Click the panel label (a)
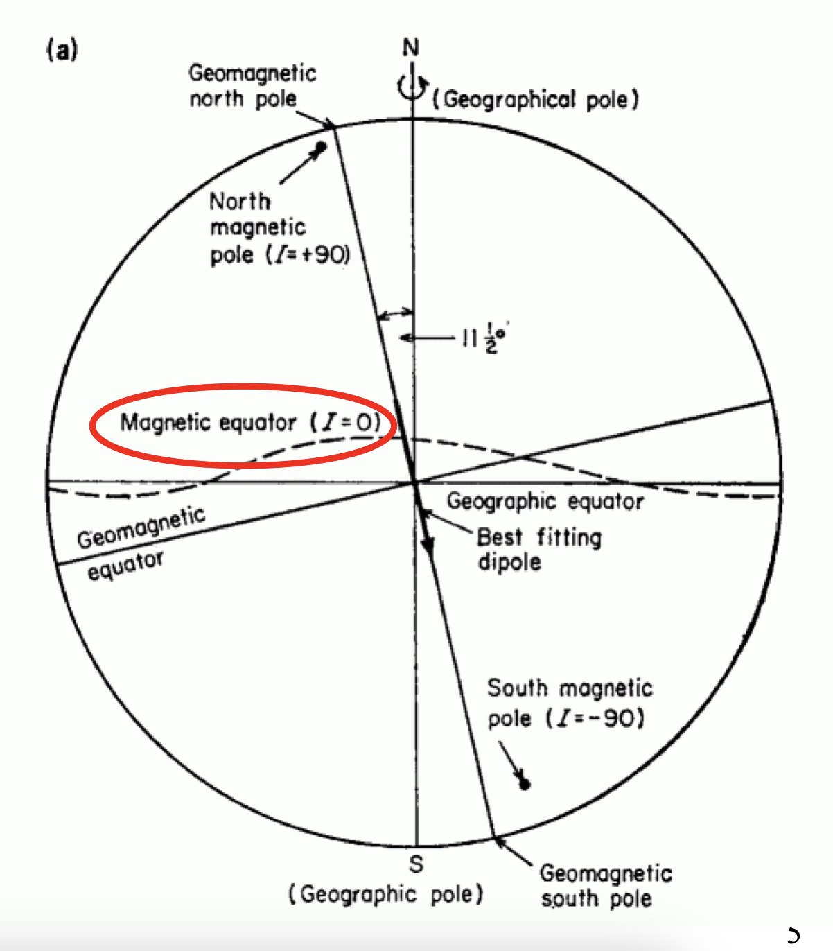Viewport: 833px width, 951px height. coord(62,50)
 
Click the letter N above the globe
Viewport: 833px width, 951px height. coord(410,48)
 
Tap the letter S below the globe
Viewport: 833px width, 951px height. coord(416,864)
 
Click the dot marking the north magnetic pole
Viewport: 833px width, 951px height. coord(321,148)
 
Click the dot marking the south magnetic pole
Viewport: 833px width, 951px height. coord(525,784)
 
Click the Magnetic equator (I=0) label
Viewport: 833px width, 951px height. coord(250,422)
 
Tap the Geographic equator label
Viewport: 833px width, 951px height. coord(545,501)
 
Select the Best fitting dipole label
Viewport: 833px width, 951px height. coord(538,549)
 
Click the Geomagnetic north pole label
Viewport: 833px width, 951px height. coord(252,86)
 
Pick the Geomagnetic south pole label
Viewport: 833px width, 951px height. coord(605,885)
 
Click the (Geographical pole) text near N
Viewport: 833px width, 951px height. coord(536,100)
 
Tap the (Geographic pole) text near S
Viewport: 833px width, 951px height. coord(386,893)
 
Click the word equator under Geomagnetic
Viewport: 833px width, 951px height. coord(125,566)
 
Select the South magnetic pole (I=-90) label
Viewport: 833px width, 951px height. coord(568,703)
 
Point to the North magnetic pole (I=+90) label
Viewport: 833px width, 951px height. coord(279,228)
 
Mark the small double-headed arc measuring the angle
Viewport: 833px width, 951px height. coord(396,314)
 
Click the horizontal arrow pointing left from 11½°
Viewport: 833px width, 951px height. coord(430,338)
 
